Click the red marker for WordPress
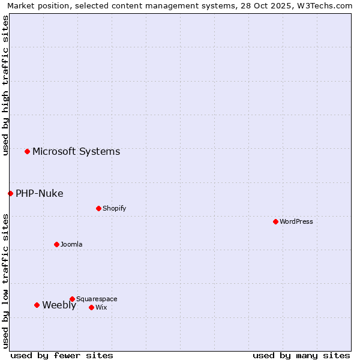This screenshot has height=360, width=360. click(275, 221)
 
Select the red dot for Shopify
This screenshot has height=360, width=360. click(98, 208)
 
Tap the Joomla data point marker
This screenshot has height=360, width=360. click(56, 244)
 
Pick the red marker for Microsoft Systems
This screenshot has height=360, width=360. click(27, 151)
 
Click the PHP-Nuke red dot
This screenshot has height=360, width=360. click(10, 193)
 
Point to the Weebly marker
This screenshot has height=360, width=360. click(37, 305)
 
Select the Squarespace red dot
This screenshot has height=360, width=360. click(72, 299)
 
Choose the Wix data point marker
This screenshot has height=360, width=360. click(91, 307)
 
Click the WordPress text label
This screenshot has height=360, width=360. click(296, 221)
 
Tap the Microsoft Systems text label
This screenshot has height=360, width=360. click(76, 151)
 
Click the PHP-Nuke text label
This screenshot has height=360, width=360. click(40, 193)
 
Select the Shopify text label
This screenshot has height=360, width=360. click(115, 208)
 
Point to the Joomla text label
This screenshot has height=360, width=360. click(71, 244)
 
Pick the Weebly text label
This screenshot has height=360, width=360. click(59, 305)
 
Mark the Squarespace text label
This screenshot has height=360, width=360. click(97, 299)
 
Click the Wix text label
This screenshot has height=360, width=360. click(101, 307)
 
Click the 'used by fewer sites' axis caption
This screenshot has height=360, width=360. click(62, 355)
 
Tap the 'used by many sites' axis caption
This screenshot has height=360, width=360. click(301, 355)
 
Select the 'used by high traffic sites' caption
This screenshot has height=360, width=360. click(5, 85)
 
